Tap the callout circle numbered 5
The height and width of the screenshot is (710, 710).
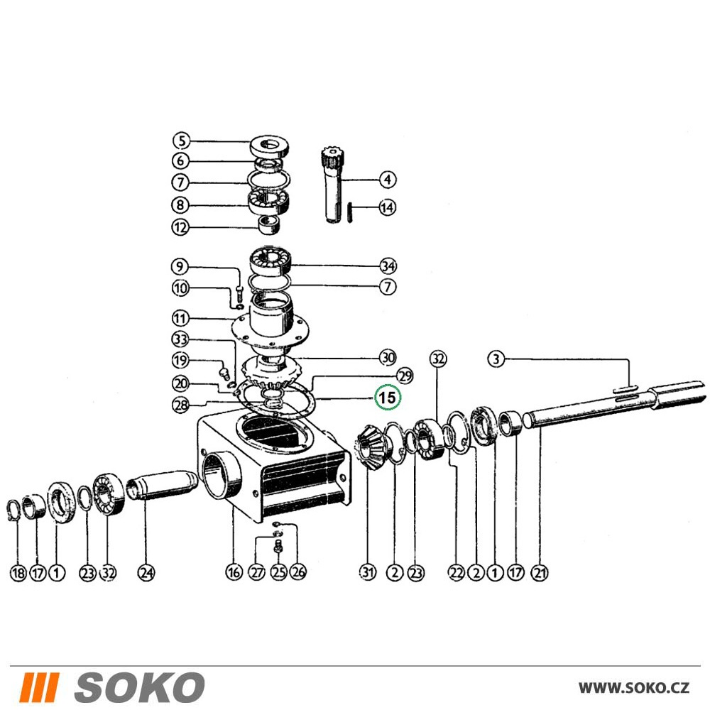click(182, 141)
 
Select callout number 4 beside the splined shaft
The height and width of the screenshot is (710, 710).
click(387, 180)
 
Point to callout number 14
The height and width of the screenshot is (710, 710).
click(387, 207)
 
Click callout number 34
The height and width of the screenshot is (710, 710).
click(388, 266)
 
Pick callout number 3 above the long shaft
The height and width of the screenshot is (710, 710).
click(496, 359)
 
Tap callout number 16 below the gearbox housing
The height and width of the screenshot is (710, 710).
click(234, 572)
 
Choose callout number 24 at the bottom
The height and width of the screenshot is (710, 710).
click(146, 573)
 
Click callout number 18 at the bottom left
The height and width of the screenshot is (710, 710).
click(18, 573)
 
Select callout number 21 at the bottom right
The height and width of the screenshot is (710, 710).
click(540, 573)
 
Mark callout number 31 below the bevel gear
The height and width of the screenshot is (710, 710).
click(368, 572)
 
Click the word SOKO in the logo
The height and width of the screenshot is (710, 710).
click(139, 687)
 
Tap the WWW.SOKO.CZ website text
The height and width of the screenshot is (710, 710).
click(634, 688)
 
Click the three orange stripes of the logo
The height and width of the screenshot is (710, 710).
click(39, 687)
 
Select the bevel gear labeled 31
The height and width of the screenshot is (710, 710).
click(371, 447)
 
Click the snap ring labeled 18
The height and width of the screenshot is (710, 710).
click(15, 510)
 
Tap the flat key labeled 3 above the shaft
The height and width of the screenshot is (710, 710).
click(626, 388)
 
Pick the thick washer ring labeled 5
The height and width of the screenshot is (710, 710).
click(269, 146)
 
